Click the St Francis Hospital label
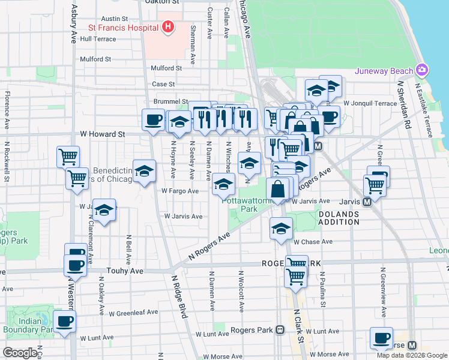[122, 27]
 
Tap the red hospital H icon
[168, 27]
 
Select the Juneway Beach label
[384, 71]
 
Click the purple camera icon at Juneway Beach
[423, 70]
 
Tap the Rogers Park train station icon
[280, 330]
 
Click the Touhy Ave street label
[125, 271]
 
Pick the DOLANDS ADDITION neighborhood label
[339, 218]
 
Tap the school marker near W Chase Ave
[281, 229]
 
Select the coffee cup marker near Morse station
[381, 338]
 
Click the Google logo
[20, 352]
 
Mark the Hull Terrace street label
[97, 38]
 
